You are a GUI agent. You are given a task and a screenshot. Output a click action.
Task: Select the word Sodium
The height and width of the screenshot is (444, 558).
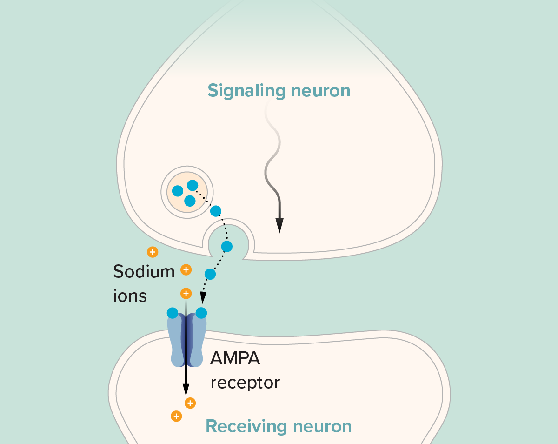[144, 271]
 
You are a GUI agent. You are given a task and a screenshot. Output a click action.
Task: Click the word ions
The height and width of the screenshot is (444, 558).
[130, 296]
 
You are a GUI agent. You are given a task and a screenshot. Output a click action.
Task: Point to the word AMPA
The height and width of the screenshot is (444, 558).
[235, 358]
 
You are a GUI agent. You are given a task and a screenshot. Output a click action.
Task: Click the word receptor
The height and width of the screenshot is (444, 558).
[245, 383]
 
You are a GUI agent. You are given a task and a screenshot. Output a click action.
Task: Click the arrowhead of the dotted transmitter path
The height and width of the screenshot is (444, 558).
[203, 298]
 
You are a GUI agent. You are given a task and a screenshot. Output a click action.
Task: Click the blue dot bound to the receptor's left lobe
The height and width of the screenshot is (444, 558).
[173, 313]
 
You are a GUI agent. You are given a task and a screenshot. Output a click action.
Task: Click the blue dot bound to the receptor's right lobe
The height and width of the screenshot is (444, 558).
[201, 313]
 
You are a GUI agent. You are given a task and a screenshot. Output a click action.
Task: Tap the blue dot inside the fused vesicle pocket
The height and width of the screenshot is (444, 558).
[226, 246]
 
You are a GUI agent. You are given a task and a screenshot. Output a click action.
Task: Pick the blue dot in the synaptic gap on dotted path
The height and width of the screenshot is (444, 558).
[210, 274]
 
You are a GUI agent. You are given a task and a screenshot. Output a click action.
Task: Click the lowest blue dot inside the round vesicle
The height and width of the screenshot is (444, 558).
[189, 201]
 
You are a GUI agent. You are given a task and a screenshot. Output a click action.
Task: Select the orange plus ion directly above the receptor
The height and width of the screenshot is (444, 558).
[186, 293]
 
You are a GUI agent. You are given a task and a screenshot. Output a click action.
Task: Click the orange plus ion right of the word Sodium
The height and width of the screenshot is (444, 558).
[186, 269]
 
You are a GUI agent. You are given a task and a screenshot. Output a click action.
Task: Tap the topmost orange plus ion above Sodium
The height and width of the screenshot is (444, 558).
[152, 252]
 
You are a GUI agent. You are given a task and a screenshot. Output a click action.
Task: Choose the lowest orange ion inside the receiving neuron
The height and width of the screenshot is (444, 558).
[176, 416]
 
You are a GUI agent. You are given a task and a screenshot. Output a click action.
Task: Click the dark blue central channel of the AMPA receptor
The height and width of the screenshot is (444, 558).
[186, 340]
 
